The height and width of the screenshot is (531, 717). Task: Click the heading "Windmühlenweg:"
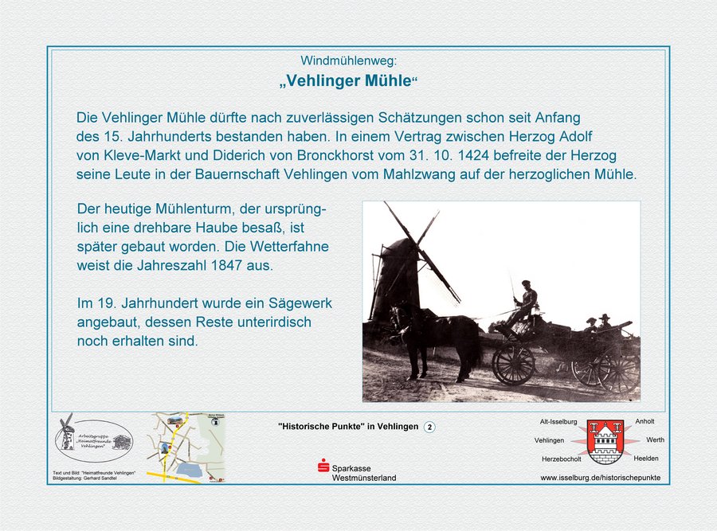pyautogui.click(x=348, y=61)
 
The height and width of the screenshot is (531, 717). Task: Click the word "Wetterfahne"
pyautogui.click(x=292, y=246)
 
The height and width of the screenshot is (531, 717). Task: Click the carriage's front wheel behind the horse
pyautogui.click(x=514, y=364)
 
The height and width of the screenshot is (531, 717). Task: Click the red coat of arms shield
pyautogui.click(x=605, y=442)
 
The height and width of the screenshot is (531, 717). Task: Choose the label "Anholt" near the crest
pyautogui.click(x=645, y=421)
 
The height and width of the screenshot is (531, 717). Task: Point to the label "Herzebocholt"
pyautogui.click(x=561, y=459)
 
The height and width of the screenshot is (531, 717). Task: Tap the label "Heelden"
pyautogui.click(x=646, y=459)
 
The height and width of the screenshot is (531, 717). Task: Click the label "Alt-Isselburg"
pyautogui.click(x=558, y=421)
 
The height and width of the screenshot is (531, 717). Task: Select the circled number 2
pyautogui.click(x=429, y=427)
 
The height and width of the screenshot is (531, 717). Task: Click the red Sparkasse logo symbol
pyautogui.click(x=323, y=467)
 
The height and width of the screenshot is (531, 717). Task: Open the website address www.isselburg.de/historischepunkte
pyautogui.click(x=600, y=478)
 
